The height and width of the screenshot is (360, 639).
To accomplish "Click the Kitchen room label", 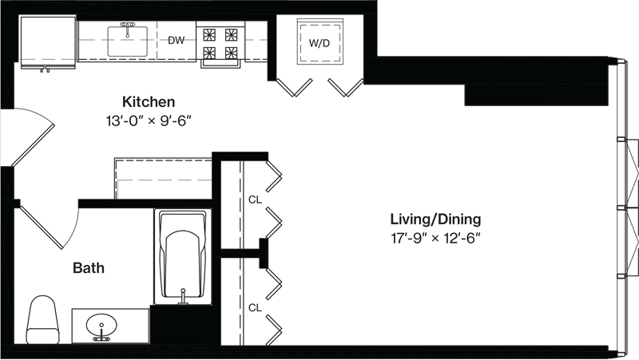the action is tap(149, 101).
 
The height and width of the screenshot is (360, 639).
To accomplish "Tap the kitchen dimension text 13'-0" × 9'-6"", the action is tap(149, 121).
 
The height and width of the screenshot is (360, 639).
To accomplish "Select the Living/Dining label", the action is tap(435, 219).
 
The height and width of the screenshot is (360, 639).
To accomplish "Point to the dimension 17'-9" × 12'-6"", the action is tap(435, 238).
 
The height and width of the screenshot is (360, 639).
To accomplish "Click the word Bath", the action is tap(89, 268).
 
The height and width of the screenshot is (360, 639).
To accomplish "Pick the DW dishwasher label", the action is tap(176, 41).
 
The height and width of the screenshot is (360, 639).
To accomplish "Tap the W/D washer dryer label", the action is tap(319, 43).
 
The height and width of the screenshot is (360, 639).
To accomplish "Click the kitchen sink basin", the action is tap(128, 42).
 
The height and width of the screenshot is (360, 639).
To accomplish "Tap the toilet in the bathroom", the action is tap(42, 319).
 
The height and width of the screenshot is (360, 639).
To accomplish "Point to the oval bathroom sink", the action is tap(101, 326).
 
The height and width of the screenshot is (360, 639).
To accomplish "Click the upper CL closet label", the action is tap(255, 200).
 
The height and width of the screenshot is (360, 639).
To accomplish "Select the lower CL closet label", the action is tap(255, 308).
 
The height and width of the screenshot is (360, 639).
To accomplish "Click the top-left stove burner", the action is tap(209, 34).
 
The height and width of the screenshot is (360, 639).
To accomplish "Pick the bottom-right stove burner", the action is tap(231, 53).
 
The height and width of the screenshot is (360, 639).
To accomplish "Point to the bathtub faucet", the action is tap(184, 297).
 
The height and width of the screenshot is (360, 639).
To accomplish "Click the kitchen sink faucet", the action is tap(128, 28).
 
